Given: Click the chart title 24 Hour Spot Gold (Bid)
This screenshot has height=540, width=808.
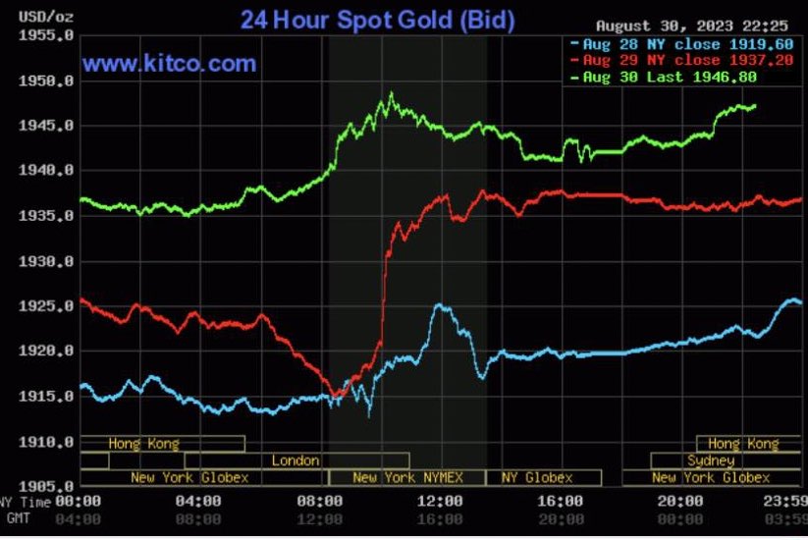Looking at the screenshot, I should coord(377,20).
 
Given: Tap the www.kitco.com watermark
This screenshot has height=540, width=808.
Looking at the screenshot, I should coord(169,64).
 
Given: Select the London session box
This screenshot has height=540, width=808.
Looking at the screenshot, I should coord(296,460).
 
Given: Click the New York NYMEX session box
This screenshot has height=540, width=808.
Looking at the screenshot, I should coord(406,477).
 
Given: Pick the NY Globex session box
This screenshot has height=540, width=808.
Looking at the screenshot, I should coord(537,477).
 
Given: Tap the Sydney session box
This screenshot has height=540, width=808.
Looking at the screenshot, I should coord(711,460).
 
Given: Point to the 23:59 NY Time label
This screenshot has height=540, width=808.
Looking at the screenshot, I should coord(785,502).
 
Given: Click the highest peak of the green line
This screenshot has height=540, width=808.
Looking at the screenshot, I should coord(391,94).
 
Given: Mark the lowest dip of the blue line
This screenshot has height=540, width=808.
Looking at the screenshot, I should coord(369,415).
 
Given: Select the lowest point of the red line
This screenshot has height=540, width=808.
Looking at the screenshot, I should coord(337,397).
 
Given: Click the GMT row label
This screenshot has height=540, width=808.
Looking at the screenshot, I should coord(18,516).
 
